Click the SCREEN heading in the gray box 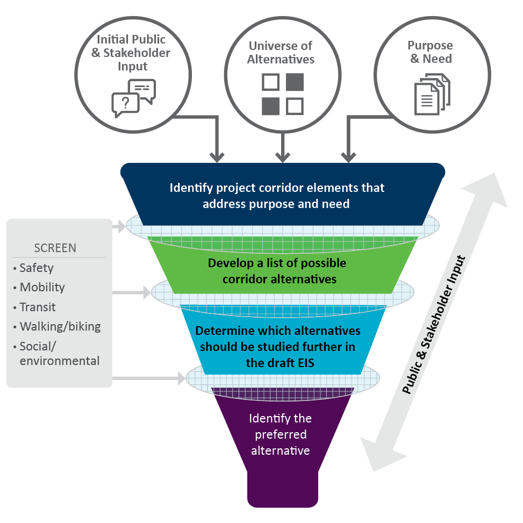point(55,248)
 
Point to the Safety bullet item point(36,268)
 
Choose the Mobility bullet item point(41,288)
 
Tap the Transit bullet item point(37,307)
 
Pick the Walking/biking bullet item point(60,326)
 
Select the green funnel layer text point(277,271)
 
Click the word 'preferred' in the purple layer point(280,434)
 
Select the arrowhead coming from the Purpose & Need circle point(348,156)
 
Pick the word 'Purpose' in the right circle point(429,46)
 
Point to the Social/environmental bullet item point(59,354)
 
